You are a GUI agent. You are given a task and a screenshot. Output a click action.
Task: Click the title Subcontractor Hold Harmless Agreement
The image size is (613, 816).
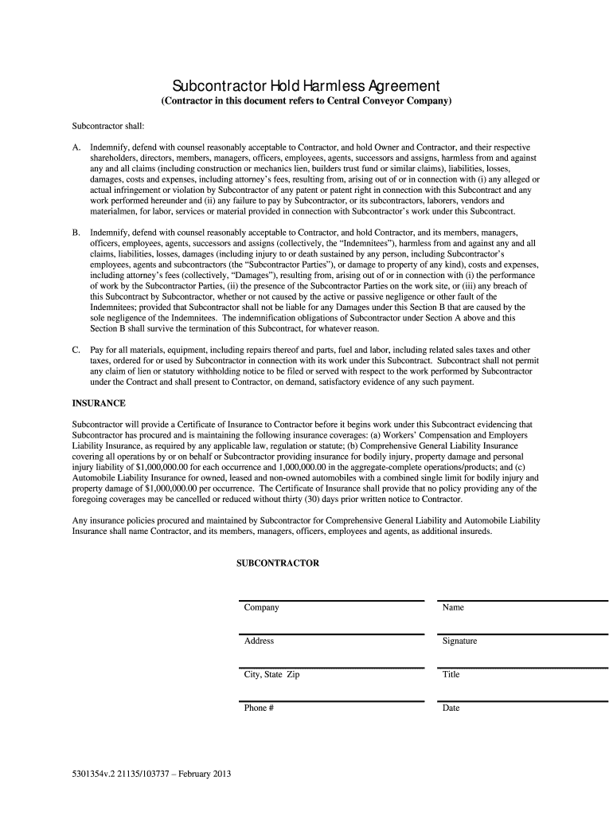pyautogui.click(x=306, y=85)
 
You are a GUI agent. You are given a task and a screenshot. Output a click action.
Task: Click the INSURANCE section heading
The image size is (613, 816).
pyautogui.click(x=100, y=403)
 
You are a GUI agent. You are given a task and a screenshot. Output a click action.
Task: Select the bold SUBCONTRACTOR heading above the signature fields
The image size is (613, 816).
pyautogui.click(x=278, y=563)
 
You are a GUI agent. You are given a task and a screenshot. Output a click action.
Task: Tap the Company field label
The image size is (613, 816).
pyautogui.click(x=261, y=607)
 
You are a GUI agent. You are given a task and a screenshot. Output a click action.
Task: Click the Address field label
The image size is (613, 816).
pyautogui.click(x=259, y=641)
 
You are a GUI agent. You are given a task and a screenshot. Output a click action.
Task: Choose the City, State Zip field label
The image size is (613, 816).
pyautogui.click(x=271, y=674)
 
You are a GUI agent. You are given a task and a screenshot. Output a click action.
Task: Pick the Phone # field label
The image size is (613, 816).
pyautogui.click(x=259, y=708)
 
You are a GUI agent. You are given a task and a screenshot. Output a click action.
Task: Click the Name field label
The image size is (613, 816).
pyautogui.click(x=453, y=607)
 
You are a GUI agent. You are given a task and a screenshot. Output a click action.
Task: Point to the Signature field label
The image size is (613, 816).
pyautogui.click(x=459, y=641)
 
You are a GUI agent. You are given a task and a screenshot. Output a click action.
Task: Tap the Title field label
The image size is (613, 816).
pyautogui.click(x=451, y=674)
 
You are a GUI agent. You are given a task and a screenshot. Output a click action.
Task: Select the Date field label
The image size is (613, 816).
pyautogui.click(x=451, y=708)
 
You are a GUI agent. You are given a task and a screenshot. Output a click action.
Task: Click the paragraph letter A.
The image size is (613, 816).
pyautogui.click(x=76, y=148)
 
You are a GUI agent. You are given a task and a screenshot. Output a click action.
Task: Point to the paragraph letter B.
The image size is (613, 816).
pyautogui.click(x=76, y=233)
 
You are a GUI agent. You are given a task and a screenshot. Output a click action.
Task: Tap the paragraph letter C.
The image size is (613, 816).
pyautogui.click(x=76, y=350)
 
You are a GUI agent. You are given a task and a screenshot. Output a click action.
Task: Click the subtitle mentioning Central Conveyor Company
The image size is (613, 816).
pyautogui.click(x=306, y=102)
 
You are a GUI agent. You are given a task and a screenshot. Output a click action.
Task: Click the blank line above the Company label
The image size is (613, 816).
pyautogui.click(x=330, y=601)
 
